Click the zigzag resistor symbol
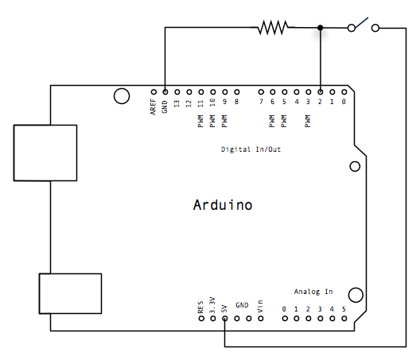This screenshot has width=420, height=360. coord(271,28)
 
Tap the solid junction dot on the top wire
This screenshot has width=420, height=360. coord(321,28)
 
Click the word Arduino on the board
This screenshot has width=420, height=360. coord(223,205)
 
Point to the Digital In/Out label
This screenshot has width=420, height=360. coord(251,149)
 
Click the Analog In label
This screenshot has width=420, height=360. coord(313,292)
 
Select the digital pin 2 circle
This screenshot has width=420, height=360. coord(320,91)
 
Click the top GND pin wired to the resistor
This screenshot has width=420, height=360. coord(165,91)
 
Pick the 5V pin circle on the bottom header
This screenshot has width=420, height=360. coord(225,319)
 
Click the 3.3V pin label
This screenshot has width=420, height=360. coord(212,305)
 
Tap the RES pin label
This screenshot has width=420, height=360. coord(200,307)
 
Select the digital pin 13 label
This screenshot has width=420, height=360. coord(177,103)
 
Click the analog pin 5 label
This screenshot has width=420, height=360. coord(344,308)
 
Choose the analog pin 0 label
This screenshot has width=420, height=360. coord(284,308)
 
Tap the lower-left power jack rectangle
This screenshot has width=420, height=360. coord(70,293)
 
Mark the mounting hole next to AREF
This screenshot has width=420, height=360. coord(122,96)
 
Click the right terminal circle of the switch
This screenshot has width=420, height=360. coord(375,28)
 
